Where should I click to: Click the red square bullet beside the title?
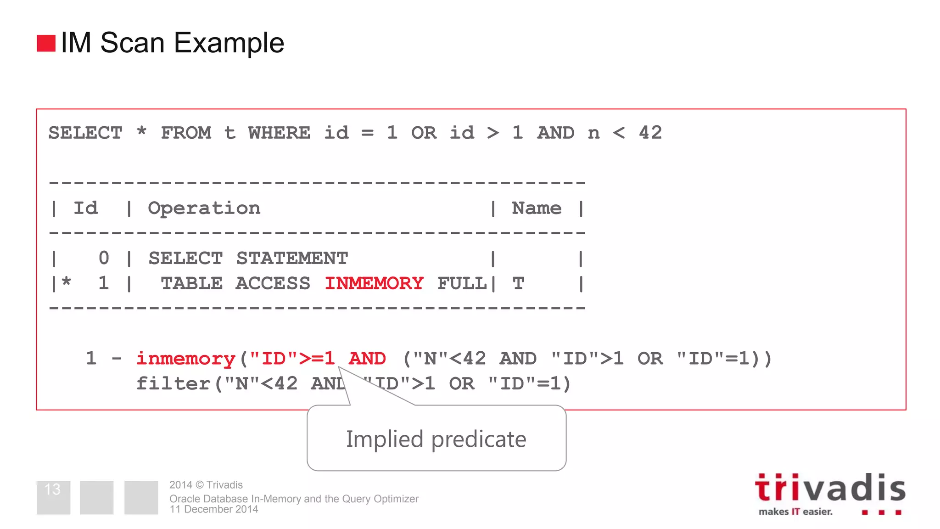pos(46,43)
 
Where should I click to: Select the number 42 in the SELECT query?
pos(650,133)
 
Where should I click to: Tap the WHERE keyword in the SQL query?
pos(279,133)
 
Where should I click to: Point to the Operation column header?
pos(204,208)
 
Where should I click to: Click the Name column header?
pos(536,208)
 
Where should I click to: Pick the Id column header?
pos(86,208)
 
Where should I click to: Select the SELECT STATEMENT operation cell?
pos(248,258)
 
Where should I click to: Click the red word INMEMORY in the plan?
pos(374,283)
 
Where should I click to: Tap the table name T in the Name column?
pos(518,284)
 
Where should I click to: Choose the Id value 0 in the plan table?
pos(104,258)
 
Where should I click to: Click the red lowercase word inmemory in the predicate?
pos(186,359)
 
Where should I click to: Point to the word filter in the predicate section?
pos(173,383)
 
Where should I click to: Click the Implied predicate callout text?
pos(436,439)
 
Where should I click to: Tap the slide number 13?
pos(53,490)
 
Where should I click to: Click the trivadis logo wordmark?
pos(830,488)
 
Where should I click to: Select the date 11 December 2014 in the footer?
pos(214,509)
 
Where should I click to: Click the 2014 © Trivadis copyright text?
pos(206,485)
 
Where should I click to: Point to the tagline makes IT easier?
pos(795,512)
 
